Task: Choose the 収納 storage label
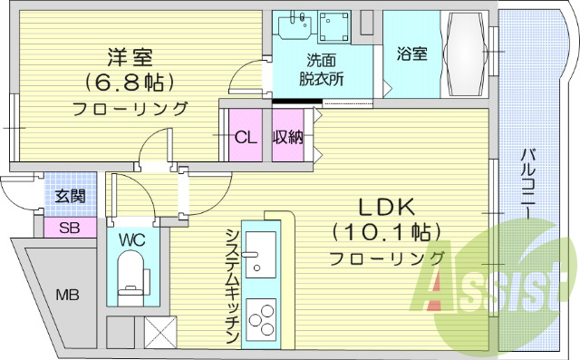pos(288,137)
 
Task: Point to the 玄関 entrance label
pos(69,196)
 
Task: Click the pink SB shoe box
pos(69,227)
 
